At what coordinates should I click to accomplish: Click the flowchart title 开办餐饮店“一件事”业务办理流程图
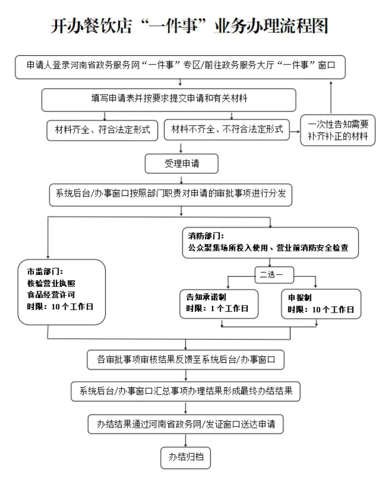point(189,26)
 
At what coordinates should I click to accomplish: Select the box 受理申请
point(181,164)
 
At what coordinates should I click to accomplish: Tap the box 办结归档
point(186,457)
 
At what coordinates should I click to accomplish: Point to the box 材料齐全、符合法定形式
point(102,130)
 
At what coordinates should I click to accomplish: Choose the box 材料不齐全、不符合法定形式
point(227,129)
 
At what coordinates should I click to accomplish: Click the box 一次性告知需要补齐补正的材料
point(338,130)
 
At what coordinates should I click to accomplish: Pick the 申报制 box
point(321,304)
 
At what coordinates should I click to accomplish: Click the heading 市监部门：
point(45,271)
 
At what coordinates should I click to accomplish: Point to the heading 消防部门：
point(206,236)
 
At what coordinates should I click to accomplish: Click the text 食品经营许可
point(51,295)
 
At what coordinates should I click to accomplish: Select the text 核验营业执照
point(51,283)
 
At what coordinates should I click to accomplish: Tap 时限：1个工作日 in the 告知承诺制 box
point(217,309)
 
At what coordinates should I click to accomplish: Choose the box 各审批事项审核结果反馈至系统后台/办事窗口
point(186,359)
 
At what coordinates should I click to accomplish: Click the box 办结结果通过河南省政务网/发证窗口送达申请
point(186,424)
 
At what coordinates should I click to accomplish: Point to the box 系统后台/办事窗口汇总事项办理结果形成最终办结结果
point(186,391)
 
